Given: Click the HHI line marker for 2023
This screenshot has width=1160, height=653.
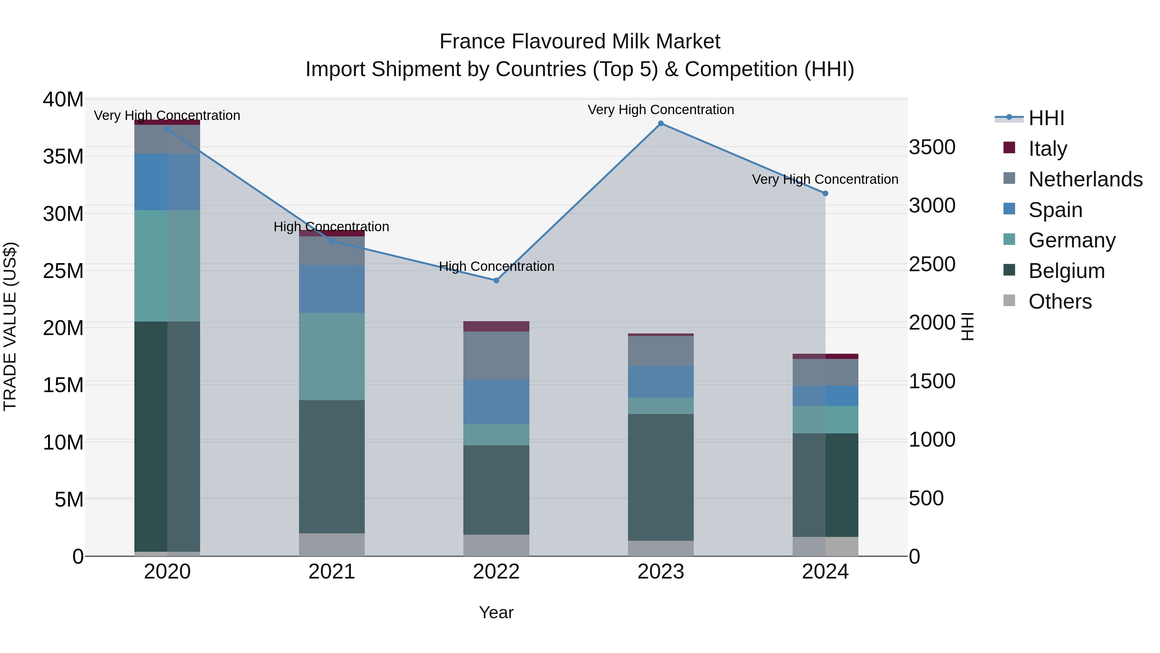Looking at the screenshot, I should point(661,124).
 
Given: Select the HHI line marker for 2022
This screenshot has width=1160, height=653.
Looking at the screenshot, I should point(496,280).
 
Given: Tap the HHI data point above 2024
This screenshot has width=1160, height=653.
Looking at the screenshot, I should point(825,193).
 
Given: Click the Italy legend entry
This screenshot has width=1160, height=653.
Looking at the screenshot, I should point(1048,149).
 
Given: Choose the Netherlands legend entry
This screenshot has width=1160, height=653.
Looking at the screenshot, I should point(1085,179).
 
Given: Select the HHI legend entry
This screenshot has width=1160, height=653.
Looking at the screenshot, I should point(1046,118).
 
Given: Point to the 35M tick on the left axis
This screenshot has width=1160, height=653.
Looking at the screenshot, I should point(63,157).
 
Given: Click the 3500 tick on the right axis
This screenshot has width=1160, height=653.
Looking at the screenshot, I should point(932,147).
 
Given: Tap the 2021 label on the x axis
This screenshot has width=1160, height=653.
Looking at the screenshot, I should point(332,572).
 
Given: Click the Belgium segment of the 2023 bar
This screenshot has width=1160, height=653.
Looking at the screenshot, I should point(661,477).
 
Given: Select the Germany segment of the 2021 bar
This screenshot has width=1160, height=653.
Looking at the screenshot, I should point(332,356).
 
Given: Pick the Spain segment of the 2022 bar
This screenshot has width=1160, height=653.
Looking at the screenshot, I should point(496,401).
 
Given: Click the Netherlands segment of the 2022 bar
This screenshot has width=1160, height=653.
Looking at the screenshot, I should point(496,356).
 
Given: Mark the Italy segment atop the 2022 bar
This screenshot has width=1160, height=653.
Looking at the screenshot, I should point(496,326).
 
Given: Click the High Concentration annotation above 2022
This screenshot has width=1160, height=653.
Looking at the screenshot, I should point(496,266).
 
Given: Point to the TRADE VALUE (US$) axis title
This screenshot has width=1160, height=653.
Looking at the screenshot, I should point(10,326).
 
